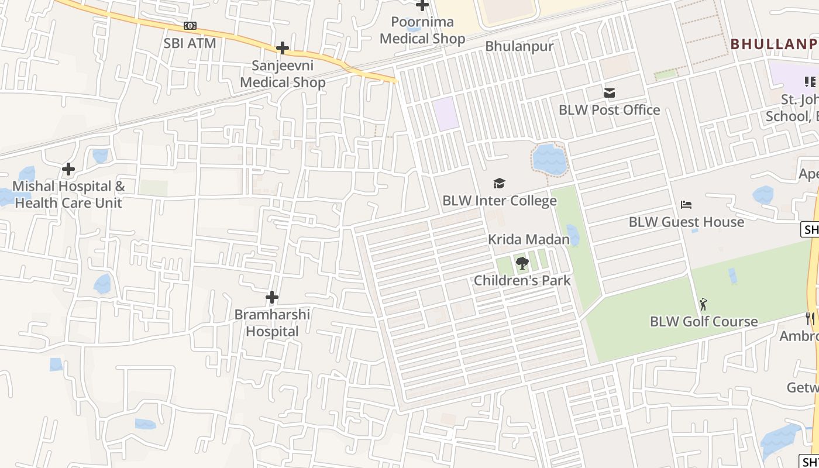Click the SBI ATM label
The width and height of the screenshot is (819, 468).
(190, 43)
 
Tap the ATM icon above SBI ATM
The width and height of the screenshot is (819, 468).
(190, 26)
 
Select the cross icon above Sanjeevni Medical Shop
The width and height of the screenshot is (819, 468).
(283, 48)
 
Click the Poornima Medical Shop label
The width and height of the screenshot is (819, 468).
(422, 30)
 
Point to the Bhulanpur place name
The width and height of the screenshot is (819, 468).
(519, 46)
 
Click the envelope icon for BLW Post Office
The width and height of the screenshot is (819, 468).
(610, 92)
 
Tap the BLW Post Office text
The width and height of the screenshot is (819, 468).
(609, 110)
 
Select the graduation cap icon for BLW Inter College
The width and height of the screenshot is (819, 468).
(498, 184)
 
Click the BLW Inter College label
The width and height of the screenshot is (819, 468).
(499, 201)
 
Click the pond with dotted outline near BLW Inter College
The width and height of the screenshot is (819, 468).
(549, 159)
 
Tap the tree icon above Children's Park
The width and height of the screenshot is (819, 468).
(522, 263)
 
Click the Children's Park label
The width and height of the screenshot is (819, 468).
(522, 280)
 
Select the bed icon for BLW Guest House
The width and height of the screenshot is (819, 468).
(686, 205)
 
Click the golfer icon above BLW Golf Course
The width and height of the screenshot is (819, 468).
(703, 304)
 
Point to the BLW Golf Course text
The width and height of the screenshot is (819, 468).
(704, 322)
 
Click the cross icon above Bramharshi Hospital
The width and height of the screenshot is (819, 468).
(272, 297)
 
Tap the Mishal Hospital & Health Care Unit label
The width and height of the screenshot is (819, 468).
(68, 195)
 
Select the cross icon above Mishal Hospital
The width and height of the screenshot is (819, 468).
(68, 169)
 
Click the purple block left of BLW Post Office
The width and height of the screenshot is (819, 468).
(446, 113)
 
